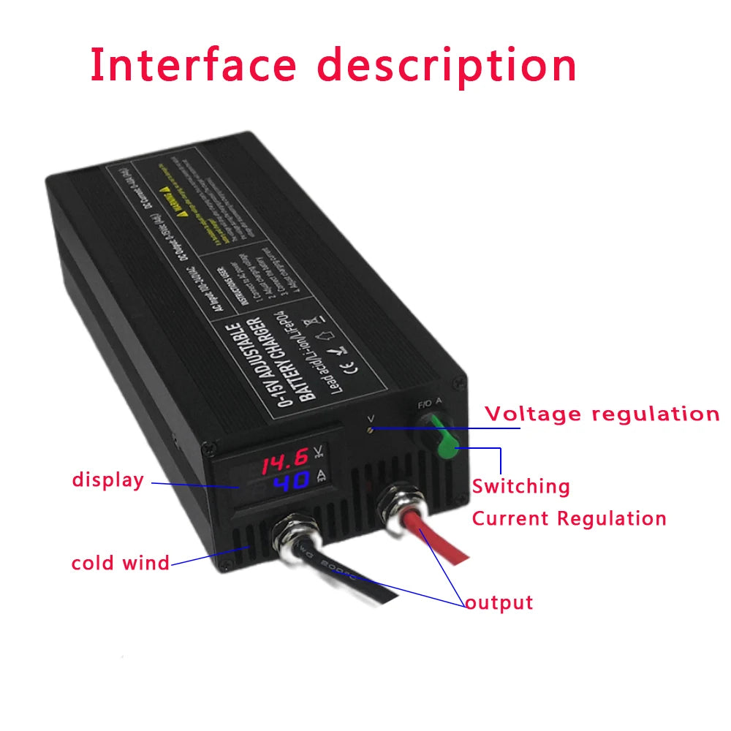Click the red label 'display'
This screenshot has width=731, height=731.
[x=108, y=480]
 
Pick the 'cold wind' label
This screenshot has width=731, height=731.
[x=120, y=563]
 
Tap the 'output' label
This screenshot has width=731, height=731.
[x=499, y=603]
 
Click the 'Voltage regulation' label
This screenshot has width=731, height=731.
[x=602, y=414]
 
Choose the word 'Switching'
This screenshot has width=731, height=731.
[x=520, y=486]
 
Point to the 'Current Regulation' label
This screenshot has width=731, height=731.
[x=569, y=519]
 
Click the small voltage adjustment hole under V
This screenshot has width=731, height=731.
[x=372, y=431]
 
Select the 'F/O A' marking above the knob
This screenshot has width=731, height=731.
[x=428, y=403]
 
